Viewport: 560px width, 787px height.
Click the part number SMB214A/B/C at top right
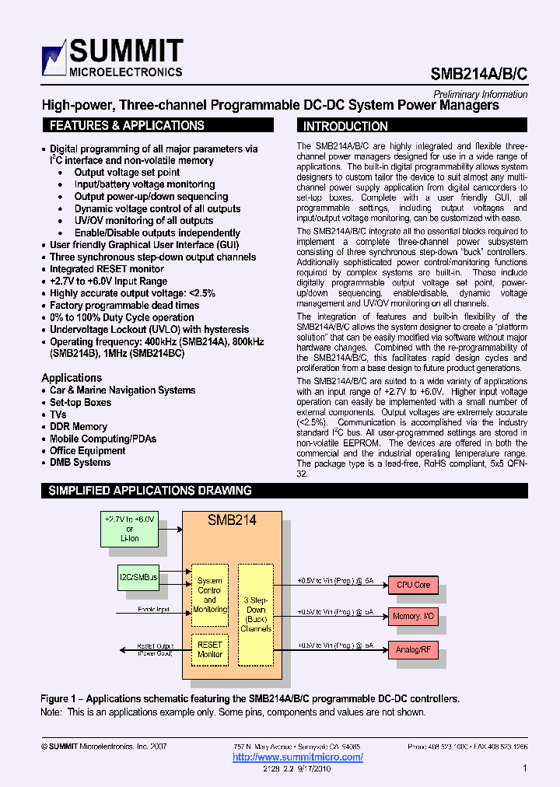[x=479, y=74]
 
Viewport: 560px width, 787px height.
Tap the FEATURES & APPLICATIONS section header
[x=127, y=126]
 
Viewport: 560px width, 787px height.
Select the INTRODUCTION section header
[x=345, y=126]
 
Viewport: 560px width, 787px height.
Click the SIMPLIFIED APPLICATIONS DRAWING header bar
[x=150, y=491]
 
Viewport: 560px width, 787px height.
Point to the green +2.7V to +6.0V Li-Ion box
[x=129, y=528]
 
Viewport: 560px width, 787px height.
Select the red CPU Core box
[x=413, y=585]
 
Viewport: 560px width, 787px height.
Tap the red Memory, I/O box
[x=413, y=616]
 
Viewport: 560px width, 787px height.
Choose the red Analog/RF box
[x=413, y=649]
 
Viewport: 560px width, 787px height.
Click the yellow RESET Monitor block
[x=209, y=650]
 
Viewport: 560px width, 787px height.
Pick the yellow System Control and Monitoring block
[x=209, y=595]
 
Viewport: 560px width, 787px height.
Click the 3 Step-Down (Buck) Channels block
[x=256, y=614]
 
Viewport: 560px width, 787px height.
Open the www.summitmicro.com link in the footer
[x=298, y=757]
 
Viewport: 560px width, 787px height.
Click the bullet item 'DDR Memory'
[x=79, y=427]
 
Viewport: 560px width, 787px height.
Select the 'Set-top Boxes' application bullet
[x=80, y=403]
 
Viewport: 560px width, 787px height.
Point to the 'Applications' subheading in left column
[x=72, y=378]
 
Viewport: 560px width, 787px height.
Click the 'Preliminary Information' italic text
[x=480, y=94]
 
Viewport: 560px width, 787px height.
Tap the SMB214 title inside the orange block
[x=232, y=520]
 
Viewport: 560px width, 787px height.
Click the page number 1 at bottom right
[x=525, y=768]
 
